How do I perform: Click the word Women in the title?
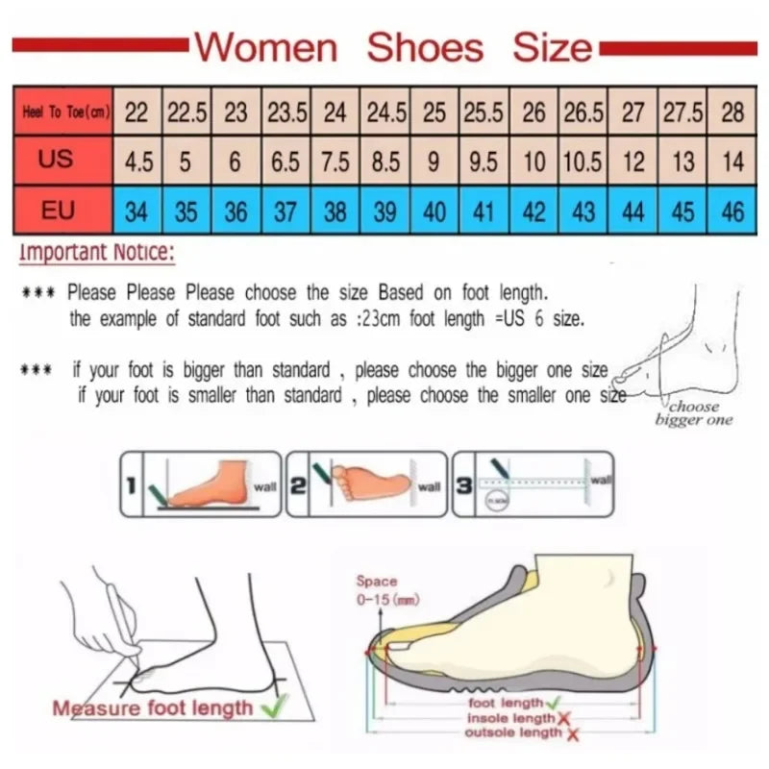(266, 46)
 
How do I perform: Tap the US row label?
(57, 159)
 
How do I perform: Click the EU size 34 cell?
(137, 211)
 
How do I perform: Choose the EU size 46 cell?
(732, 211)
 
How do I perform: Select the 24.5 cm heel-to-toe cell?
(384, 112)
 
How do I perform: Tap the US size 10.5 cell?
(583, 161)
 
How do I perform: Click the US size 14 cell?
(732, 161)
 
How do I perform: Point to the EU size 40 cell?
(434, 211)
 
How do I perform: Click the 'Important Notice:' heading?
(95, 254)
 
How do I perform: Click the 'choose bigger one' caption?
(693, 413)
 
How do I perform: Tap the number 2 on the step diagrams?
(297, 486)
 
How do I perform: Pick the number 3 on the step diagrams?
(463, 486)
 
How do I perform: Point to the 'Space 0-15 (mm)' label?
(376, 590)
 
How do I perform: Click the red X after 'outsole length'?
(573, 734)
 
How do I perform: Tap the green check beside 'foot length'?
(555, 704)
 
